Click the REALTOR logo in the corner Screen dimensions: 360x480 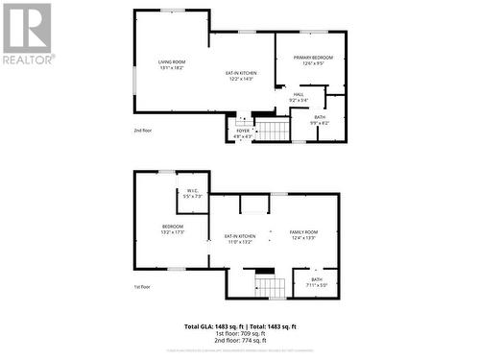click(x=27, y=33)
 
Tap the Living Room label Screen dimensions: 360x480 click(x=171, y=62)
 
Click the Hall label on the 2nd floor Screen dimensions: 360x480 click(x=299, y=94)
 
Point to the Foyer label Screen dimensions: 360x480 click(x=243, y=131)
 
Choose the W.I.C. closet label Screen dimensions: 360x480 click(x=193, y=190)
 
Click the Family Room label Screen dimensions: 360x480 click(x=303, y=232)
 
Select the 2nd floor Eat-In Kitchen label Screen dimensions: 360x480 click(x=241, y=73)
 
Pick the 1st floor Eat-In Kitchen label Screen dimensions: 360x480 click(x=239, y=235)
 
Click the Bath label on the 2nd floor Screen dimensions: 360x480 click(x=320, y=117)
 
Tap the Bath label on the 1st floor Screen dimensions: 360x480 click(x=317, y=279)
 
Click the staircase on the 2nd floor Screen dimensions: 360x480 click(x=273, y=130)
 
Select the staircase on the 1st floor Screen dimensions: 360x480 click(x=270, y=285)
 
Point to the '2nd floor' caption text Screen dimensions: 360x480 click(x=143, y=129)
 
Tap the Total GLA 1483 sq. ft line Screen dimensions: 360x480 click(x=239, y=326)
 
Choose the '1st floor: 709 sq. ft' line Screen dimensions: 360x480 click(x=239, y=333)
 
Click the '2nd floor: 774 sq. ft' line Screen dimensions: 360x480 click(x=239, y=340)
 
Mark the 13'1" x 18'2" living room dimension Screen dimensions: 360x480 click(x=171, y=68)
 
